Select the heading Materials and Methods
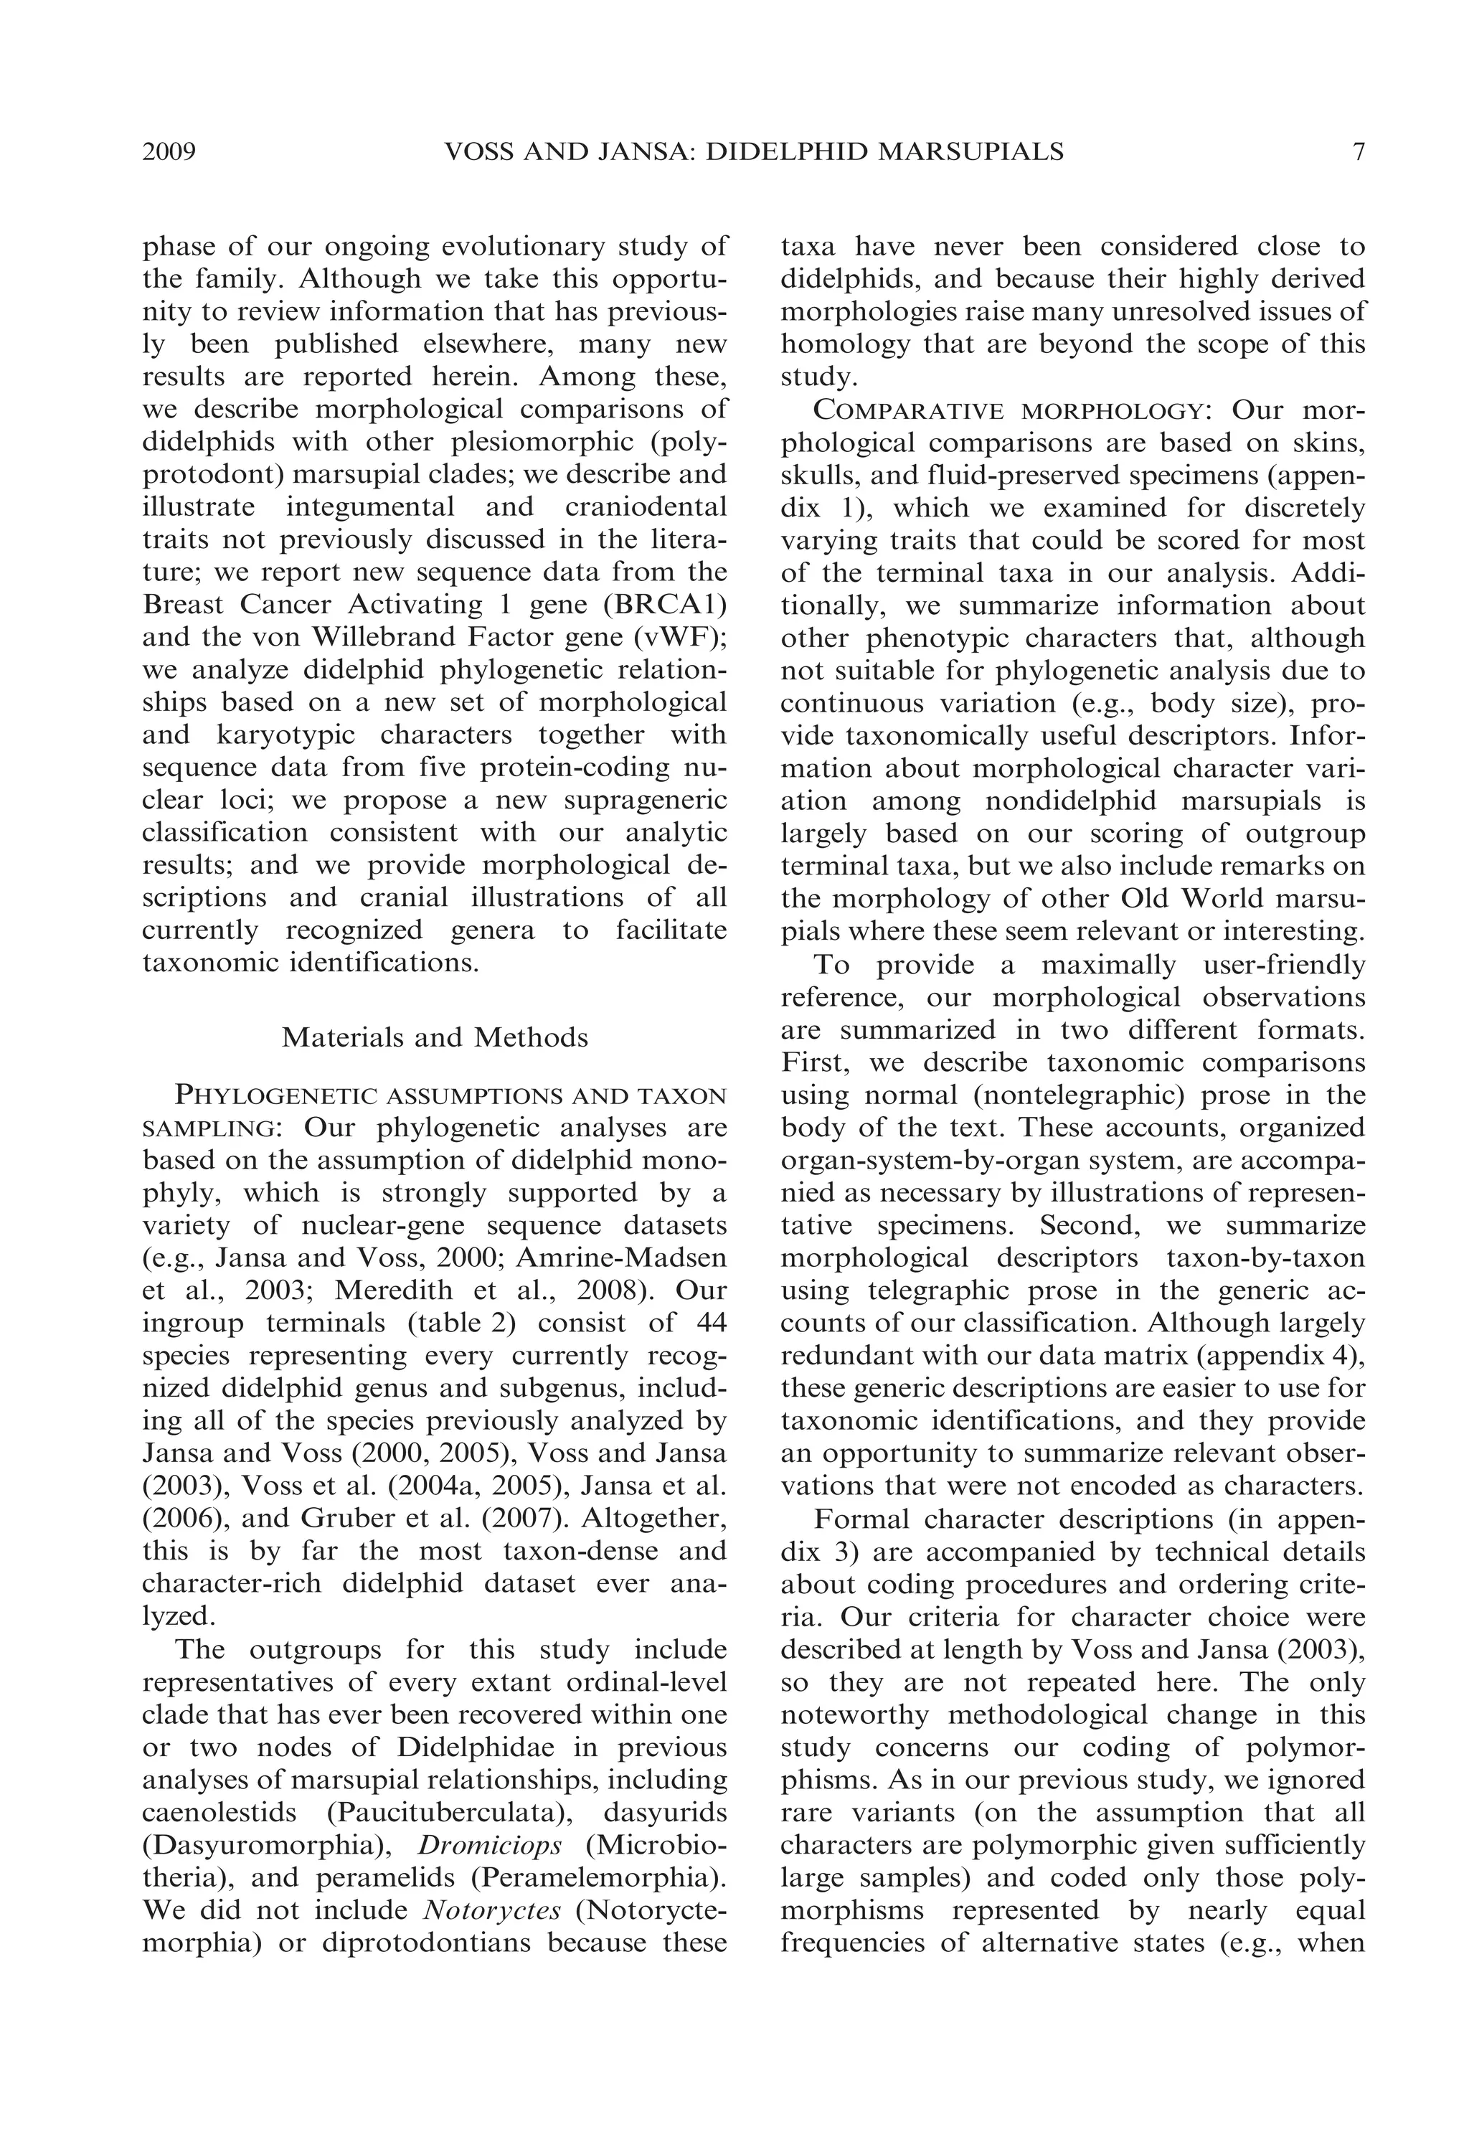435,1037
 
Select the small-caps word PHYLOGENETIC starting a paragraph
275,1096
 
